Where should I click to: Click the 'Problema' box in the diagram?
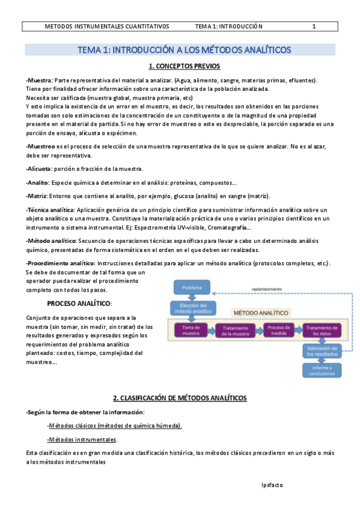pyautogui.click(x=192, y=287)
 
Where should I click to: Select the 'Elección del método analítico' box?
pyautogui.click(x=192, y=309)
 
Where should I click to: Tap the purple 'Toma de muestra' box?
pyautogui.click(x=191, y=330)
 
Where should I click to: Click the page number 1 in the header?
pyautogui.click(x=314, y=26)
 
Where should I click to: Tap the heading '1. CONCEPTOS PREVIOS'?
pyautogui.click(x=184, y=66)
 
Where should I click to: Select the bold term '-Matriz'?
pyautogui.click(x=37, y=195)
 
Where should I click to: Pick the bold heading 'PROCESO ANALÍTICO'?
pyautogui.click(x=80, y=304)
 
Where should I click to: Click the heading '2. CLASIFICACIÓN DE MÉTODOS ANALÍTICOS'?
pyautogui.click(x=180, y=398)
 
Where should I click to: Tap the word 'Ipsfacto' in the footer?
pyautogui.click(x=272, y=484)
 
